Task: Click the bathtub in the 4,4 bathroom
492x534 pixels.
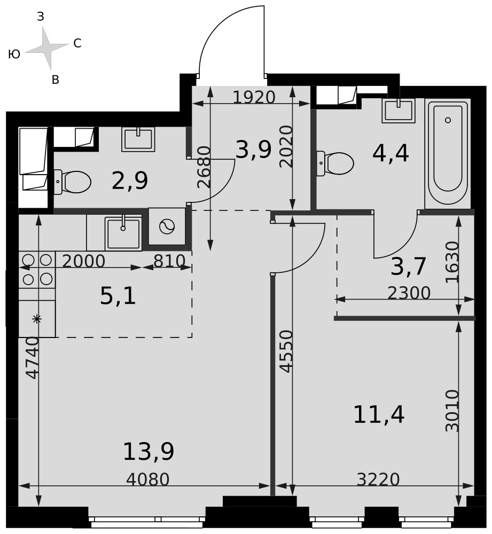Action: tap(448, 154)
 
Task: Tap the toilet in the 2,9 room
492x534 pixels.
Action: tap(72, 182)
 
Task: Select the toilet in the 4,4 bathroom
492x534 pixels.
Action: tap(335, 163)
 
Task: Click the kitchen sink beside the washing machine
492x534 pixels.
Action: tap(123, 233)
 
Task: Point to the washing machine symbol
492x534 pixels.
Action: tap(167, 226)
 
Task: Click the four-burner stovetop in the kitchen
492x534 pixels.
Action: tap(37, 270)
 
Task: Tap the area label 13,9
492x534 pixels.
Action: tap(149, 452)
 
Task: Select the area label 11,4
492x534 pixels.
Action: tap(379, 414)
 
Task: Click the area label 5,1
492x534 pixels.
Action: tap(118, 295)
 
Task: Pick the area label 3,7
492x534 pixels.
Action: tap(408, 266)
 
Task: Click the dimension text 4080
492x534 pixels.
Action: tap(147, 480)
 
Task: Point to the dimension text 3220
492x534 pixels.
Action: tap(378, 480)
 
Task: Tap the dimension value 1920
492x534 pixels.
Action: tap(254, 97)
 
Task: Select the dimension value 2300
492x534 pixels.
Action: tap(409, 293)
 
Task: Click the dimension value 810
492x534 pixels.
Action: tap(169, 261)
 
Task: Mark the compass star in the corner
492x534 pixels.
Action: tap(46, 48)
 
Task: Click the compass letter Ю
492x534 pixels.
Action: tap(14, 54)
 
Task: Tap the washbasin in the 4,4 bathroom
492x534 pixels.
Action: tap(399, 111)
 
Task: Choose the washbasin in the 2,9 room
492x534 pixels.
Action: tap(138, 139)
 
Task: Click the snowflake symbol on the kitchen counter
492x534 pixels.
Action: tap(37, 319)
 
